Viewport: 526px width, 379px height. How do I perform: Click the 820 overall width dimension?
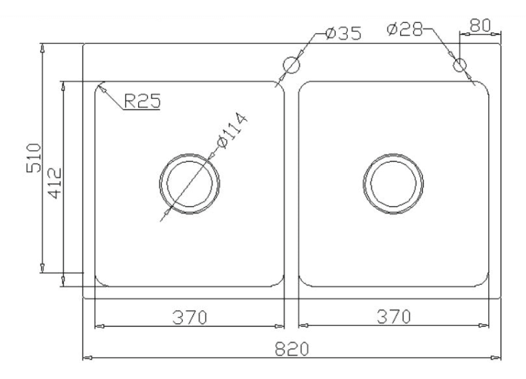coord(291,347)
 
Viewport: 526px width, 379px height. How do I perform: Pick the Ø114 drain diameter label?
coord(232,130)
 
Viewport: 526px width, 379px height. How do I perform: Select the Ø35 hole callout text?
coord(343,34)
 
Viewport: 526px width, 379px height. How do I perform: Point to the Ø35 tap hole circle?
coord(292,65)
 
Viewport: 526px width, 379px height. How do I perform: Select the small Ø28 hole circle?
coord(461,65)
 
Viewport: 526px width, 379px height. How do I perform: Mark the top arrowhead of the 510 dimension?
coord(43,49)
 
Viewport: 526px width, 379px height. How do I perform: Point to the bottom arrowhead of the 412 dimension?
coord(63,283)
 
